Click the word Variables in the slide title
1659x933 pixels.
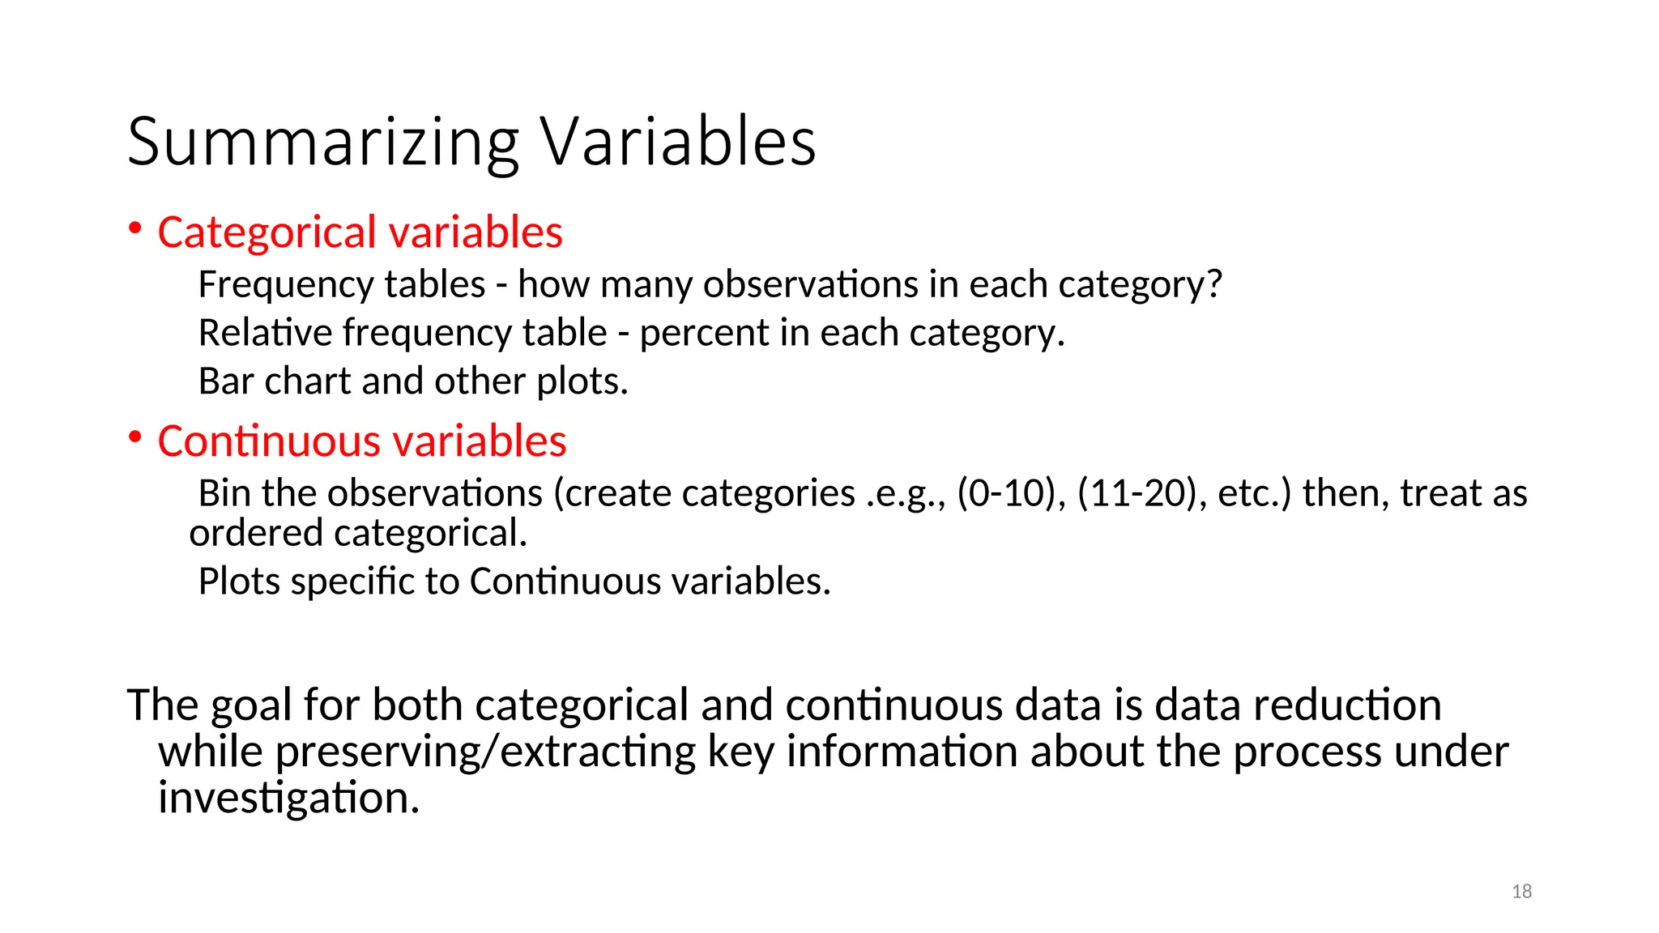coord(678,143)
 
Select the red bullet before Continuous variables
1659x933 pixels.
coord(135,437)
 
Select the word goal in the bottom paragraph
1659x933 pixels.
coord(252,706)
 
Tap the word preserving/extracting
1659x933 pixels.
coord(485,752)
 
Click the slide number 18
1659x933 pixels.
coord(1521,892)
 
